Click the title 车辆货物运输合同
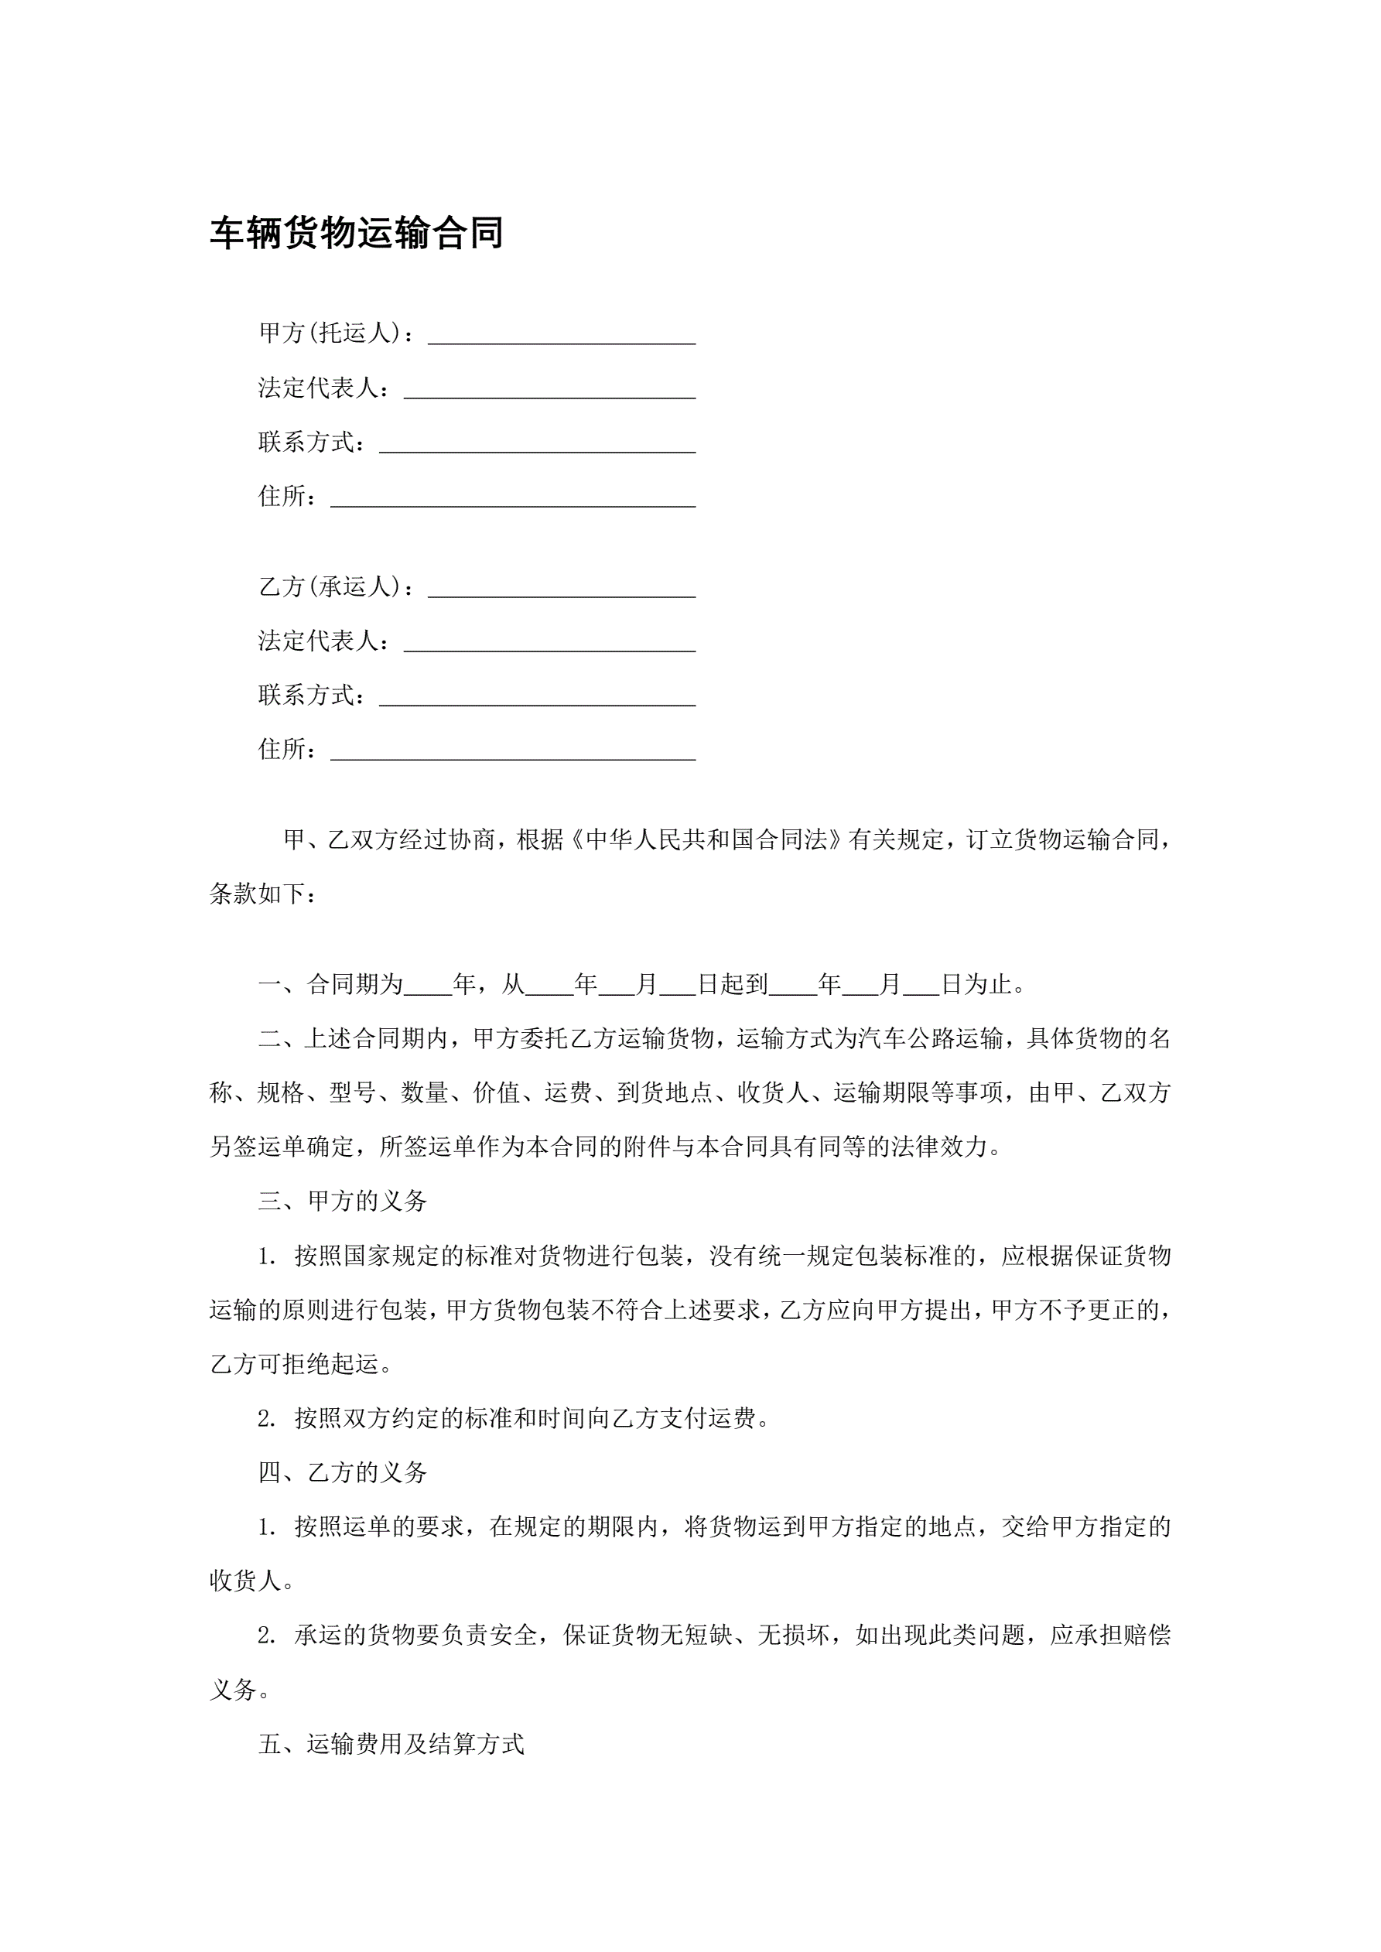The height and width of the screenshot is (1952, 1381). coord(357,233)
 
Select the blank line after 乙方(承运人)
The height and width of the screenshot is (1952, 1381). coord(561,591)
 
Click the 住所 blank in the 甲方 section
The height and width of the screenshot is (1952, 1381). coord(513,500)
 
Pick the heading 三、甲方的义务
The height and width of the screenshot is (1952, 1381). coord(342,1202)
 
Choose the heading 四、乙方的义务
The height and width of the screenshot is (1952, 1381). coord(342,1472)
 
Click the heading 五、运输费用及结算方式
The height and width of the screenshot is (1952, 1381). coord(391,1745)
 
